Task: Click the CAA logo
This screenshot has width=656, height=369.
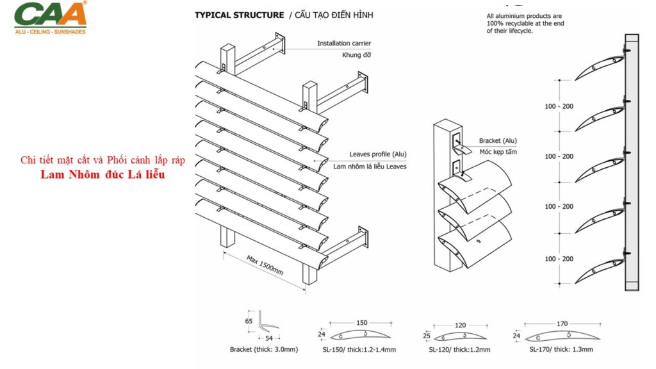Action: point(50,13)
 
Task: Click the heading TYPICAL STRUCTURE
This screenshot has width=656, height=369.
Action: point(239,15)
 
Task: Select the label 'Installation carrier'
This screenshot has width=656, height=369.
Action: point(343,44)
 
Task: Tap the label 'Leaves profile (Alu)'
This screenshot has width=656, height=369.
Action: point(378,154)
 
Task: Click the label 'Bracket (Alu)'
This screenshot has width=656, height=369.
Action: point(498,141)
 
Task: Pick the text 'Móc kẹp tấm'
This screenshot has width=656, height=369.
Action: point(498,152)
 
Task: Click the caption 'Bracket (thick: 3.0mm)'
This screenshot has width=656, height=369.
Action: point(264,350)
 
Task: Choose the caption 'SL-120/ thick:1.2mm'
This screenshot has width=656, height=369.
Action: point(459,350)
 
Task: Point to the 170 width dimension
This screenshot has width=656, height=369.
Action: point(562,324)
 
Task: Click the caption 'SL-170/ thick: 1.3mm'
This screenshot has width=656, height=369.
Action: point(561,350)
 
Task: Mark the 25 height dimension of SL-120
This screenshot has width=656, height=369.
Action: point(427,335)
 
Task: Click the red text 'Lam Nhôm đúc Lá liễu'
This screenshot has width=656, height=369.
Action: point(102,174)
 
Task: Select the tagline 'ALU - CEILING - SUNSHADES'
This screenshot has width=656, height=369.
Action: point(50,31)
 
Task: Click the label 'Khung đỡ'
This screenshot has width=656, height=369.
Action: point(357,55)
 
